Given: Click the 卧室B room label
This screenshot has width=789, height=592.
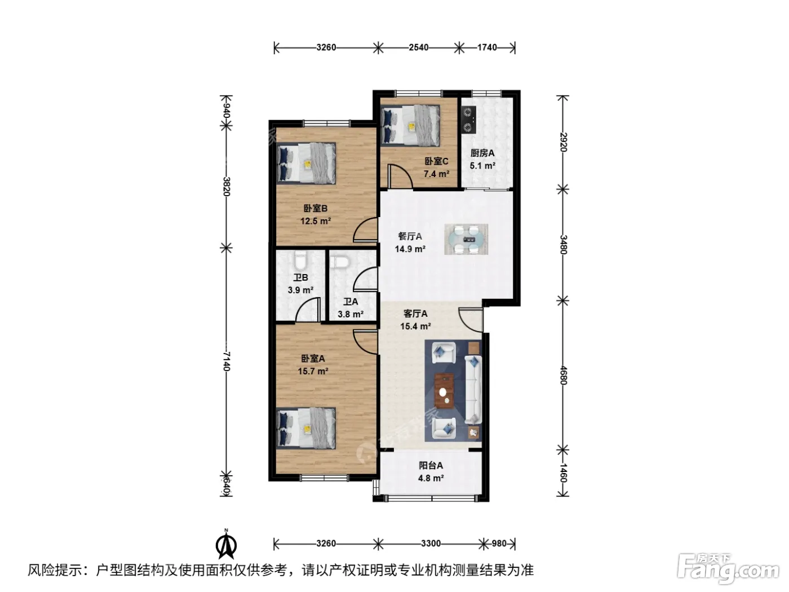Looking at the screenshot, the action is pos(315,209).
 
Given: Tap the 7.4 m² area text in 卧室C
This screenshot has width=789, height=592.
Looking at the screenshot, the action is pos(436,174).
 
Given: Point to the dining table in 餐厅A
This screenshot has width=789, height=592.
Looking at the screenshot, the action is pos(466,240).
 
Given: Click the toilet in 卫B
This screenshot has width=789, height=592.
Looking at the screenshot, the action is pos(300,260).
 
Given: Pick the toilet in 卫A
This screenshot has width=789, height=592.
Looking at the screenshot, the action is pos(340,262).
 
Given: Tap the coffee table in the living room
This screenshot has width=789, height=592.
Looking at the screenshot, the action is pos(444,391).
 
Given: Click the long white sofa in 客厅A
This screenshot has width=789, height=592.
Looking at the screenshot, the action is pos(473,389).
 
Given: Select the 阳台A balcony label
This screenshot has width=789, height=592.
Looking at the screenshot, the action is pos(431,466).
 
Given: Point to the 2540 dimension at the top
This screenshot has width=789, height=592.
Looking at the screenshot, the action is pos(418,47).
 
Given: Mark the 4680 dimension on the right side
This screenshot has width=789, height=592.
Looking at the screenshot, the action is pos(563,375).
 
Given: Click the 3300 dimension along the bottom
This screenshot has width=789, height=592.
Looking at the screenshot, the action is pos(431,543).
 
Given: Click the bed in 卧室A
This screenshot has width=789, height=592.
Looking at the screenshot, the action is pos(306,428).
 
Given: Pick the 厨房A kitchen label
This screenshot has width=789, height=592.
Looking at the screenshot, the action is pos(482,153).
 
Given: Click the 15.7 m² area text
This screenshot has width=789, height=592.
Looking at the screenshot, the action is pos(313,371).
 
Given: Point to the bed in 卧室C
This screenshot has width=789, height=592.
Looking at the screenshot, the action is pos(410,125).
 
